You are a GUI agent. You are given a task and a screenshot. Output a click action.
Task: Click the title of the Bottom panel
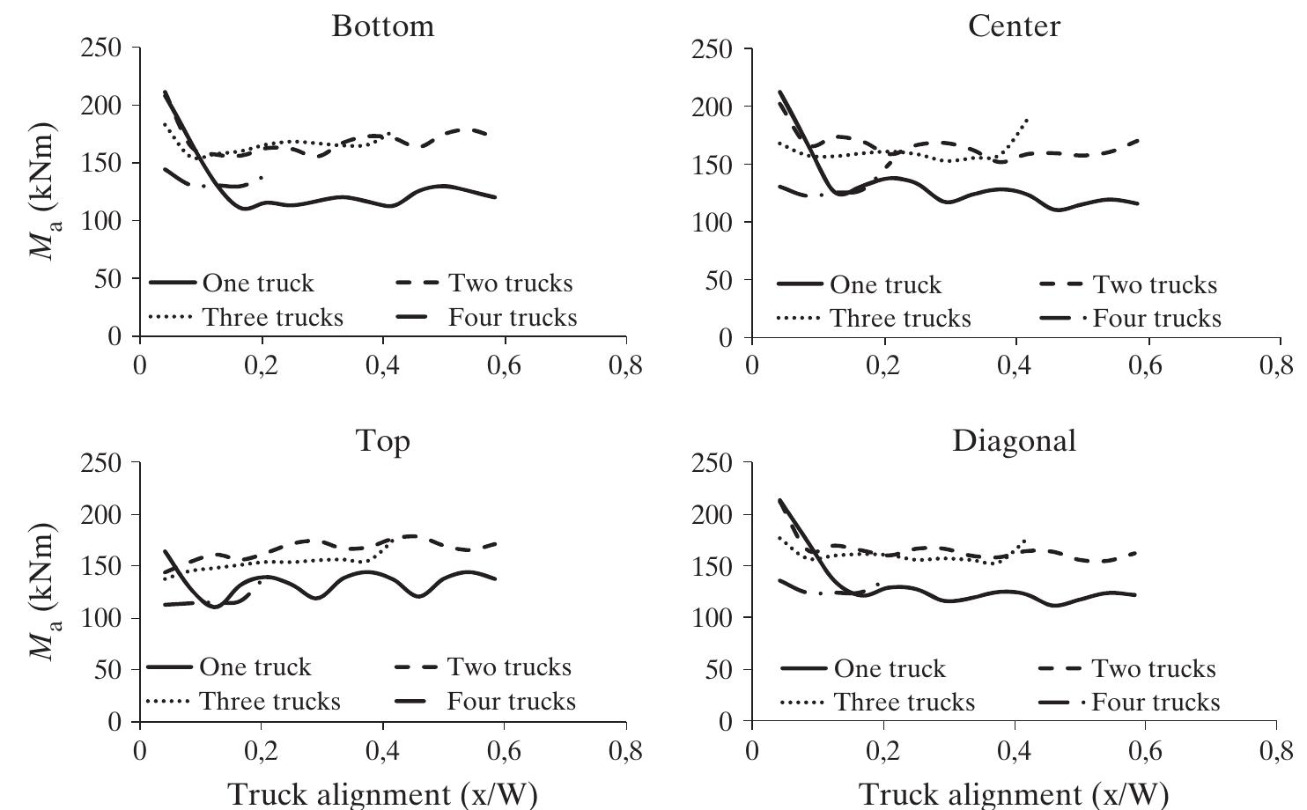click(x=383, y=26)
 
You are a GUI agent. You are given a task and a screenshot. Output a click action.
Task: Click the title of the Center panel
click(x=1014, y=26)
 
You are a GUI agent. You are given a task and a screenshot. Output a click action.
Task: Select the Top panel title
click(x=383, y=440)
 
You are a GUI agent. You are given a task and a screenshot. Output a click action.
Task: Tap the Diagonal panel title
click(x=1014, y=440)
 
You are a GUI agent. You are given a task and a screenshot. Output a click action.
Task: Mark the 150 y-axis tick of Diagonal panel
click(x=713, y=566)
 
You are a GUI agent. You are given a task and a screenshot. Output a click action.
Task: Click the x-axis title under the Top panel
click(x=382, y=793)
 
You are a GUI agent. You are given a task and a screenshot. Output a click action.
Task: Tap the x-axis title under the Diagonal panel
click(x=1013, y=793)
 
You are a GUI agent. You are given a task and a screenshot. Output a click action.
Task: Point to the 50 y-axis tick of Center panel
click(x=723, y=281)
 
